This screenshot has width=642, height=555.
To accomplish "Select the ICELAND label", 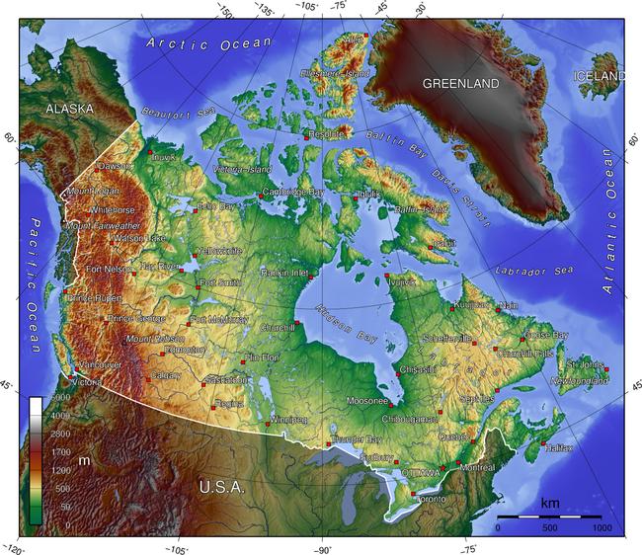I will (x=600, y=76).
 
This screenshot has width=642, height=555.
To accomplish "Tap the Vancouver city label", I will (x=100, y=364).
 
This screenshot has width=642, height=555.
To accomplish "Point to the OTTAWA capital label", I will (x=420, y=473).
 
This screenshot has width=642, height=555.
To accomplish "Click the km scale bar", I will (x=549, y=516).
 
